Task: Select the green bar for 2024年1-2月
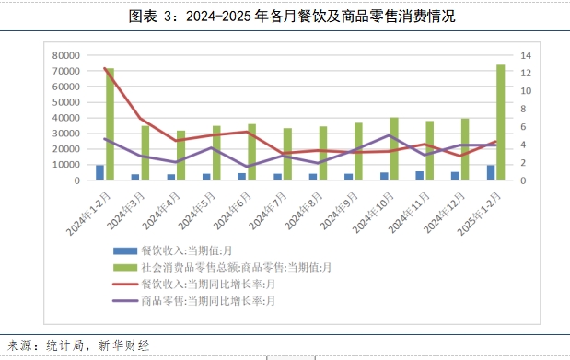point(110,124)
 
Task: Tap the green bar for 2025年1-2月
point(501,122)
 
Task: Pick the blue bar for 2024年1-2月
point(100,172)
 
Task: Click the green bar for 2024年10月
point(394,149)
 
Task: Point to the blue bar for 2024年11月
point(420,176)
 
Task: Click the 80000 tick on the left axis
point(65,55)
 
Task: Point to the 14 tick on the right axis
point(526,55)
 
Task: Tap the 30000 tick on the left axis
point(65,134)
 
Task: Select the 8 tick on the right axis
point(523,109)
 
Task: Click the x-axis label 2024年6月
point(232,211)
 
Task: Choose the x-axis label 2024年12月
point(444,213)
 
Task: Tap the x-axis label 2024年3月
point(125,211)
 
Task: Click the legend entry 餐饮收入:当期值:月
point(173,250)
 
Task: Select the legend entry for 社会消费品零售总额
point(222,268)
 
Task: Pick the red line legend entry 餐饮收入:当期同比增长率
point(193,284)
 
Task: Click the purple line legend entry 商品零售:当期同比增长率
point(193,301)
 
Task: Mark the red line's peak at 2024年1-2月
point(105,68)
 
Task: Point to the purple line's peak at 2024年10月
point(389,135)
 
